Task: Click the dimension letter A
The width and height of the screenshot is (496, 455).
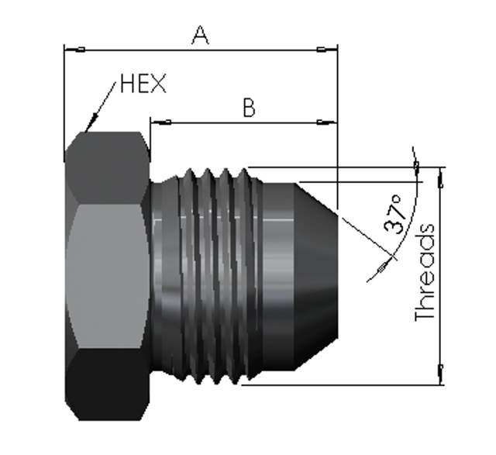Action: pos(201,35)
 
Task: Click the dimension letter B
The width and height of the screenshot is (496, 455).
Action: pos(248,107)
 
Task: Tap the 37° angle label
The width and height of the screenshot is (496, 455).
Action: pos(395,215)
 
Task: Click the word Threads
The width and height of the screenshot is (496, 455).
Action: pos(425,273)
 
